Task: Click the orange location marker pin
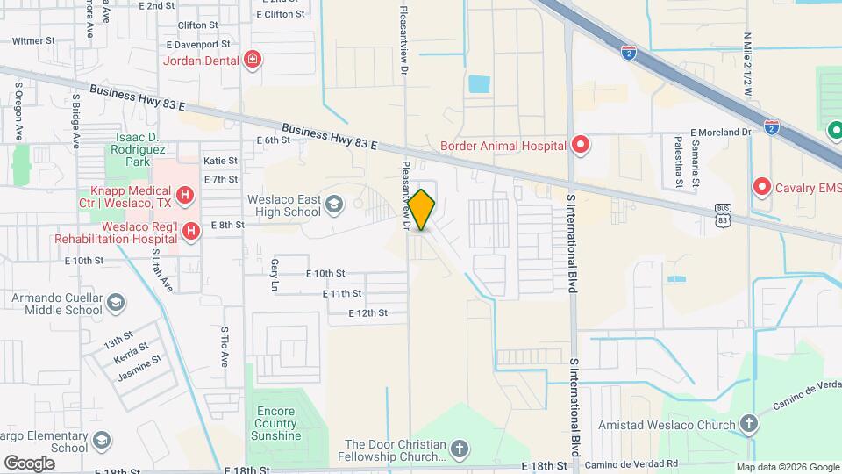click(x=421, y=210)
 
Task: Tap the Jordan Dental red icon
click(x=253, y=60)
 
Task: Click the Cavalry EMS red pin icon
click(x=762, y=187)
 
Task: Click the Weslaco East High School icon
click(x=333, y=205)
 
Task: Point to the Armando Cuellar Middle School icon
click(x=115, y=305)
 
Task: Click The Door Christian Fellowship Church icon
click(x=459, y=451)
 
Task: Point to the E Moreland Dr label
click(x=722, y=132)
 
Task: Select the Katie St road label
click(x=220, y=161)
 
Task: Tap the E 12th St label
click(x=367, y=312)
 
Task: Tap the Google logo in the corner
click(x=29, y=463)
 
